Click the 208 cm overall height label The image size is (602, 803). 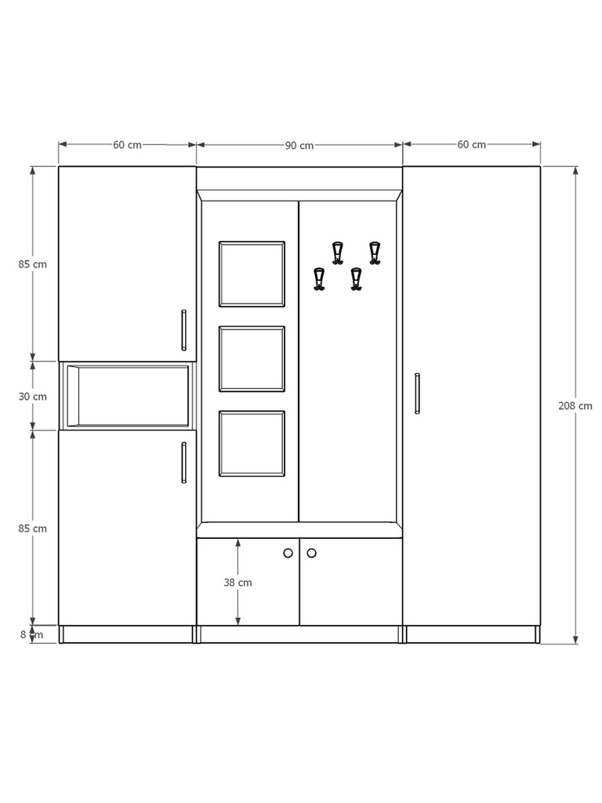pyautogui.click(x=575, y=405)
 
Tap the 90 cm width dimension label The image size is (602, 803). pyautogui.click(x=299, y=145)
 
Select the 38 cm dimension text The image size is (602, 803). pyautogui.click(x=238, y=583)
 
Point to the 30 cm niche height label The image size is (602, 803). pyautogui.click(x=33, y=396)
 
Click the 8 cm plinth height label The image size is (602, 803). pyautogui.click(x=32, y=634)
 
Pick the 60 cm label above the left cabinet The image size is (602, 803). pyautogui.click(x=127, y=144)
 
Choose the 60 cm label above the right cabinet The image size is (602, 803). pyautogui.click(x=471, y=144)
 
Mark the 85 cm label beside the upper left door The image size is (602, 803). pyautogui.click(x=33, y=264)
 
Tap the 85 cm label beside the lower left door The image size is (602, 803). pyautogui.click(x=33, y=529)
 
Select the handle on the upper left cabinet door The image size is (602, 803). pyautogui.click(x=183, y=330)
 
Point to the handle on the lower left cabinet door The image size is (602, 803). pyautogui.click(x=183, y=463)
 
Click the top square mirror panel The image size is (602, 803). pyautogui.click(x=252, y=274)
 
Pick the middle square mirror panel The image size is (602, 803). pyautogui.click(x=252, y=358)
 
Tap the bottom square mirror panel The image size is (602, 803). pyautogui.click(x=252, y=444)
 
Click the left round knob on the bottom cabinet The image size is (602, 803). pyautogui.click(x=288, y=553)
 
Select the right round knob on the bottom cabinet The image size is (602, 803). pyautogui.click(x=311, y=553)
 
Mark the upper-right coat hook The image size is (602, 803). pyautogui.click(x=375, y=253)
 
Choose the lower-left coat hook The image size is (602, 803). pyautogui.click(x=319, y=279)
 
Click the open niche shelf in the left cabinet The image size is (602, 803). pyautogui.click(x=128, y=396)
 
